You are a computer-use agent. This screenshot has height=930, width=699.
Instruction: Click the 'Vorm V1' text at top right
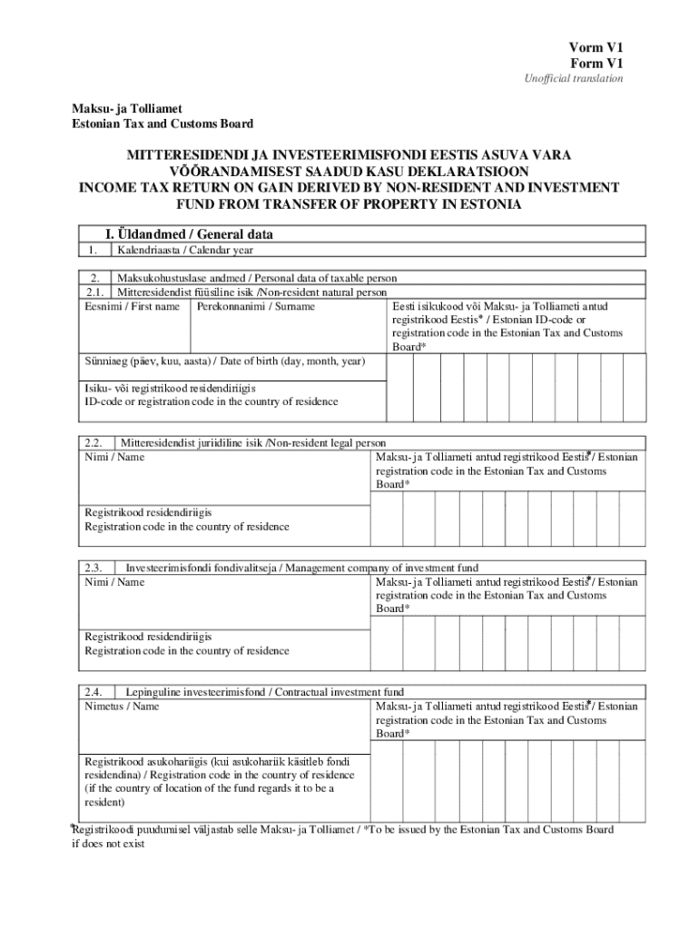point(596,48)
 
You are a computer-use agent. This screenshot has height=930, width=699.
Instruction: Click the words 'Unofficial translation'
point(573,79)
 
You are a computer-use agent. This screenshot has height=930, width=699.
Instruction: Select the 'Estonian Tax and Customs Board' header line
point(162,124)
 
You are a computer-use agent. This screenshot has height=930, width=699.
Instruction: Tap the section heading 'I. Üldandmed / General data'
point(190,234)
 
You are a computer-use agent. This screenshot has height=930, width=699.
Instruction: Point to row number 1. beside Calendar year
point(90,250)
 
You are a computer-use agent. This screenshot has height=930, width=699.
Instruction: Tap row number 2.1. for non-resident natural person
point(94,292)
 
